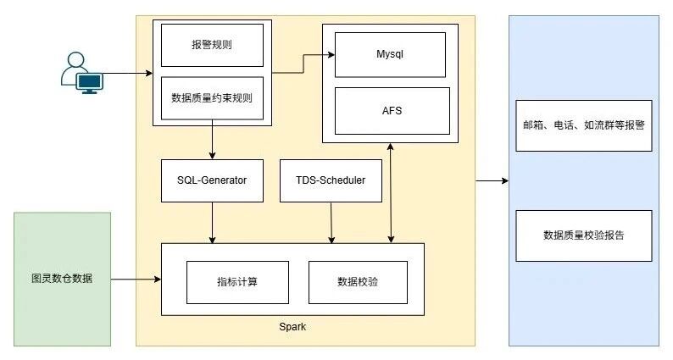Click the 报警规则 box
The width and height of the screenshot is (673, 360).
(212, 45)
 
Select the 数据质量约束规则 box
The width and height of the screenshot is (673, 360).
(212, 97)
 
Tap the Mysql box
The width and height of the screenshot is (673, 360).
(390, 54)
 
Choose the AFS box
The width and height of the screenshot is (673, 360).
(390, 110)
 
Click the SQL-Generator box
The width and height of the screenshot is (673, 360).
(212, 180)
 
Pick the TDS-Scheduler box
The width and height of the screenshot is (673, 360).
(331, 180)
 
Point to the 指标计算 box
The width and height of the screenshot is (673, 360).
(237, 282)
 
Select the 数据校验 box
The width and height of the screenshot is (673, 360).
(357, 282)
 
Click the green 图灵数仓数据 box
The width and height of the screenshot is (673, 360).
(62, 279)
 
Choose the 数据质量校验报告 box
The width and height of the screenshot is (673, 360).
(583, 235)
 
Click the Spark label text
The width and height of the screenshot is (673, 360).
(292, 327)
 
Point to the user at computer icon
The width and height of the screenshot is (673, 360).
(81, 72)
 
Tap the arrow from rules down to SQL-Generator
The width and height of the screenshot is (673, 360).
(212, 142)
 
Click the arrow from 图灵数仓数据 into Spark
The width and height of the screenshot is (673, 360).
(136, 279)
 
